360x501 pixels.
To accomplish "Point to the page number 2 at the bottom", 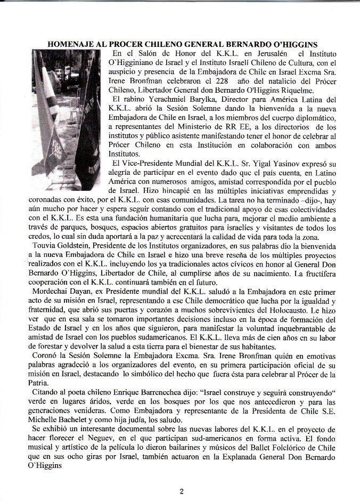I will [x=181, y=491].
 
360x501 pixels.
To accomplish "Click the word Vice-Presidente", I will [x=151, y=163].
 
